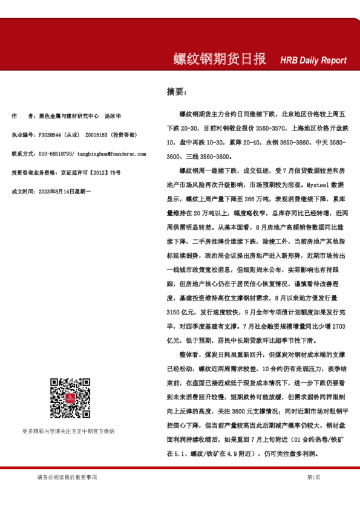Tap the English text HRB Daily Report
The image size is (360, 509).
coord(313,60)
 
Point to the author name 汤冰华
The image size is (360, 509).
coord(113,115)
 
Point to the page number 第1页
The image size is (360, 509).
coord(313,477)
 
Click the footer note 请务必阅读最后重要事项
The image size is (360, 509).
coord(67,477)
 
